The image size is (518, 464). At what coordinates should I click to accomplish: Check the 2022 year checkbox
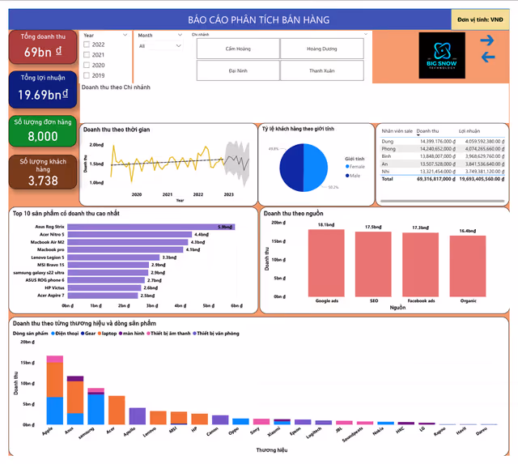pos(87,45)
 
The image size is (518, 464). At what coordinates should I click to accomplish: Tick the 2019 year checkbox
pos(87,75)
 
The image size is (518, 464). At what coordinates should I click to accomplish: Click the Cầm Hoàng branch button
pos(237,49)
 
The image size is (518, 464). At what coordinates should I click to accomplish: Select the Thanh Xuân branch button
pos(321,70)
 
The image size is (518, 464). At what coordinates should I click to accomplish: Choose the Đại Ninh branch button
pos(237,70)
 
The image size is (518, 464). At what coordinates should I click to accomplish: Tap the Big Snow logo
pos(443,55)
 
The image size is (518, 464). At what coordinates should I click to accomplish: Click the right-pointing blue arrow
pos(487,40)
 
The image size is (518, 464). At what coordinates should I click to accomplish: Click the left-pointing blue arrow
pos(487,57)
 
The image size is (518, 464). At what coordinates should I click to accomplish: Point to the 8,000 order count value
pos(42,136)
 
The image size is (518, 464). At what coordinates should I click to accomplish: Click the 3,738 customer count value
pos(42,181)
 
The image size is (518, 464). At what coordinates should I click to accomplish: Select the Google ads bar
pos(327,263)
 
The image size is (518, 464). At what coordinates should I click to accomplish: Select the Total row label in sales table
pos(388,179)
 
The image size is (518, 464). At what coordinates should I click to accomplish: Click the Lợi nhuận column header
pos(469,130)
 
